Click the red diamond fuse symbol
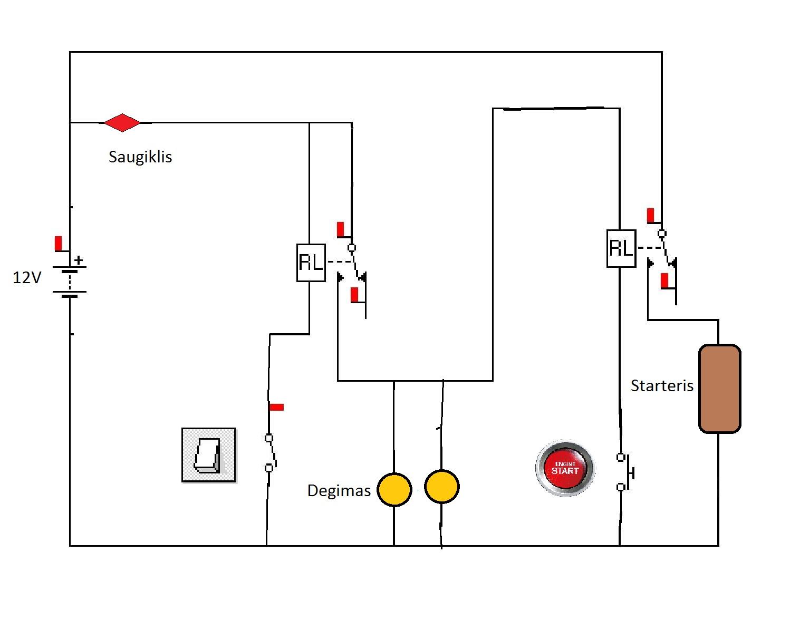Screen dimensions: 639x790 [x=122, y=122]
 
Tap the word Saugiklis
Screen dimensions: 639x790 [x=140, y=157]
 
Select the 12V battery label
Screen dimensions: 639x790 [x=27, y=277]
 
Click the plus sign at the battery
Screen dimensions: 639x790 [x=79, y=260]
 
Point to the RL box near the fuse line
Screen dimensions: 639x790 [x=311, y=263]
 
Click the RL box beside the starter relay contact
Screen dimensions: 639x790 [x=621, y=248]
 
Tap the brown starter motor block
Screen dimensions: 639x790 [x=719, y=389]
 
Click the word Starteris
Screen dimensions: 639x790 [x=662, y=386]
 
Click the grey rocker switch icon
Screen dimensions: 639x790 [x=208, y=454]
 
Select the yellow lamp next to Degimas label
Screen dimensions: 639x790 [x=394, y=489]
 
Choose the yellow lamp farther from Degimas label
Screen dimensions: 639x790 [x=441, y=487]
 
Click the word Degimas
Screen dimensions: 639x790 [x=339, y=491]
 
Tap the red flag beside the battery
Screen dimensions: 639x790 [x=59, y=244]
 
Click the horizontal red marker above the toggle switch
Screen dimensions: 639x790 [x=276, y=407]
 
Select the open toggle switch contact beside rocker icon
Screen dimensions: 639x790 [x=270, y=452]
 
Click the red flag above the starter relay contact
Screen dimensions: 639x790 [x=651, y=216]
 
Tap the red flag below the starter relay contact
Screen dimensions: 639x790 [x=664, y=280]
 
